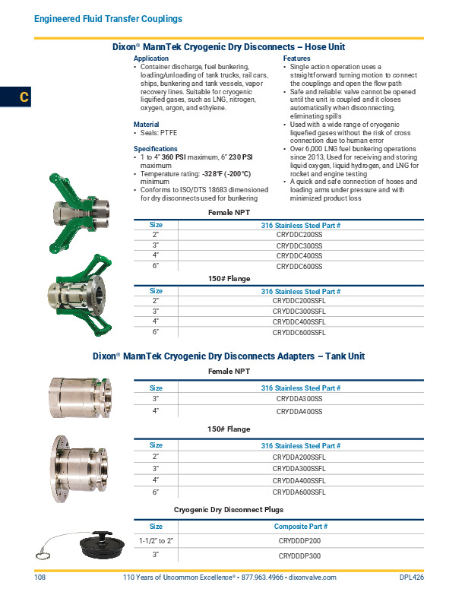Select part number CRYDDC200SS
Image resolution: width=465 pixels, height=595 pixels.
click(300, 236)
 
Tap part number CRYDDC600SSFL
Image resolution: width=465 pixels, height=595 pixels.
click(300, 333)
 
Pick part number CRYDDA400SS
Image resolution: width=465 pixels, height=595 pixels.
click(300, 411)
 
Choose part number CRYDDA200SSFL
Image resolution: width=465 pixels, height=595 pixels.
click(300, 457)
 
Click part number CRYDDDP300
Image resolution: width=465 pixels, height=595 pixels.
click(300, 556)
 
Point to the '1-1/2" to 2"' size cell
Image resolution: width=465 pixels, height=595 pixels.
click(156, 540)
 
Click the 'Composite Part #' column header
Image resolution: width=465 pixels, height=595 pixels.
click(300, 526)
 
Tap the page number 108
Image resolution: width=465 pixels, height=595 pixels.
click(40, 578)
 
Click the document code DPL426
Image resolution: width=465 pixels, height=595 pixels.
click(411, 578)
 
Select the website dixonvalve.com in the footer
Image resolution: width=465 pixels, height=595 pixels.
click(310, 578)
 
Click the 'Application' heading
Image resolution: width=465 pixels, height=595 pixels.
click(151, 59)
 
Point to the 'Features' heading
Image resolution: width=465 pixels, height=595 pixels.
click(296, 59)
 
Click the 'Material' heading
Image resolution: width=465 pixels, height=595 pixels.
click(147, 125)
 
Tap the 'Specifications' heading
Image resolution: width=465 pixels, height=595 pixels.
click(155, 149)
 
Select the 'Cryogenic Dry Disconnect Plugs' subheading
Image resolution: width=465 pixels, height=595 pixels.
click(229, 509)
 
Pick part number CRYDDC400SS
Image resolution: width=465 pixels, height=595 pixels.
click(300, 256)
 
